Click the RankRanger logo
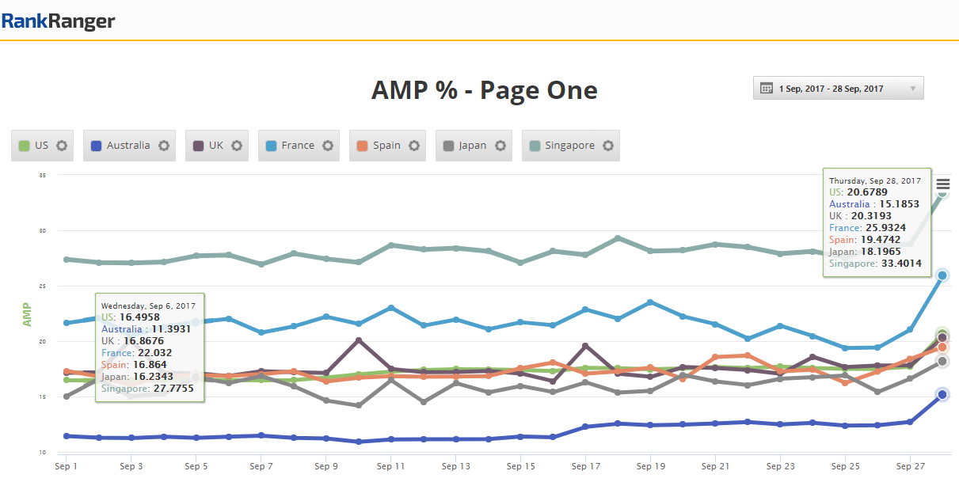click(x=58, y=21)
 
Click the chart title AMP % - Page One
click(x=484, y=90)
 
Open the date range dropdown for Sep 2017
click(x=838, y=89)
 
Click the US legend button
click(x=41, y=146)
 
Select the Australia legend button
click(x=127, y=146)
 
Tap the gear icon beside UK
click(x=237, y=146)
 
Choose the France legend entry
click(x=297, y=146)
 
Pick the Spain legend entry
click(x=386, y=146)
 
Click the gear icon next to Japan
click(x=500, y=146)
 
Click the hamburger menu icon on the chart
click(x=942, y=185)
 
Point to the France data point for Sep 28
click(x=942, y=275)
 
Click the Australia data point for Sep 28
click(x=942, y=394)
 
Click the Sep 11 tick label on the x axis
click(x=390, y=468)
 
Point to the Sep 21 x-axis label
click(x=715, y=468)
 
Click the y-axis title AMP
click(x=28, y=315)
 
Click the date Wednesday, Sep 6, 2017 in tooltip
click(x=147, y=306)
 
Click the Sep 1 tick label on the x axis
click(x=67, y=468)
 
